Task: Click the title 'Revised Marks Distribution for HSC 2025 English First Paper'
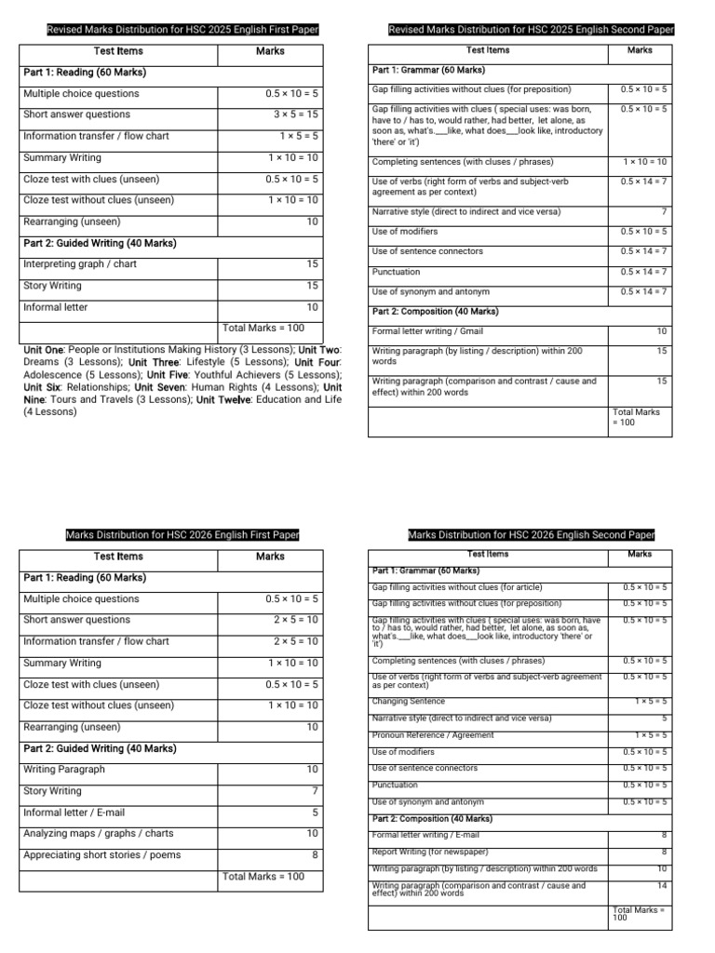pos(182,30)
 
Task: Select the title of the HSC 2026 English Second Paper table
pos(532,535)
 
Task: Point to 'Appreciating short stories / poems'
pos(102,855)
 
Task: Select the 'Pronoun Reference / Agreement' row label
pos(433,734)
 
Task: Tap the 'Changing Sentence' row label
pos(409,701)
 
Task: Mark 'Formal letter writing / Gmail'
pos(427,331)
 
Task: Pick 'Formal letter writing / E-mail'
pos(428,835)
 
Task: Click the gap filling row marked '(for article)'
pos(456,588)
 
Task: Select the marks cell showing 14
pos(661,886)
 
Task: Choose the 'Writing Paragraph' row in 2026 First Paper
pos(64,770)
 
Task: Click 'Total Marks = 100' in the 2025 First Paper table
pos(263,329)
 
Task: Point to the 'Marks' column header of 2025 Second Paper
pos(640,50)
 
